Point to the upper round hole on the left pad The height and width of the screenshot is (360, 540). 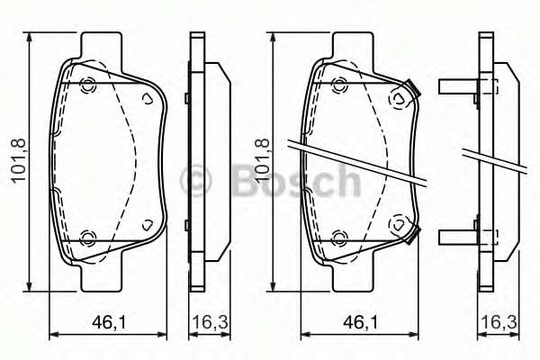coord(88,86)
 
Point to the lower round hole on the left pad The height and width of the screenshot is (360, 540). coord(88,238)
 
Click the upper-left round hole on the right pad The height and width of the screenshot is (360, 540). coord(339,85)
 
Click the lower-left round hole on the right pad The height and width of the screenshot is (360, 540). coord(339,238)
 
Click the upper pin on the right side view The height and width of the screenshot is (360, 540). coord(459,87)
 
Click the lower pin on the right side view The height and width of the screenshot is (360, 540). coord(459,238)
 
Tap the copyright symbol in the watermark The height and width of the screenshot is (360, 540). coord(195,181)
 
